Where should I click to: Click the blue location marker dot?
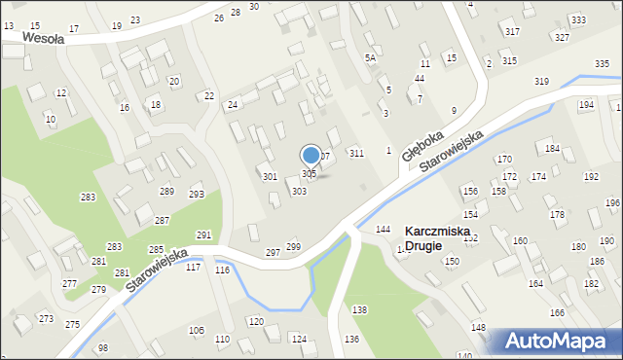311,155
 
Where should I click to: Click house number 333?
578,20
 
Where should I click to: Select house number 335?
602,64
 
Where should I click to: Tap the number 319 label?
542,82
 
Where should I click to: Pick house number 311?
357,154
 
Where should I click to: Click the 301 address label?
270,177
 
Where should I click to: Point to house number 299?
293,249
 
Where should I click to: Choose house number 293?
197,195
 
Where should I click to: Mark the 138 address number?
360,309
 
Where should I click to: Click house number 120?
256,321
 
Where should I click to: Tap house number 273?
46,319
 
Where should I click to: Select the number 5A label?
370,58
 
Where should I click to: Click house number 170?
504,159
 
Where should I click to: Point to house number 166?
557,313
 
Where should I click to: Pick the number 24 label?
233,104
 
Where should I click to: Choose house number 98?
103,348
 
